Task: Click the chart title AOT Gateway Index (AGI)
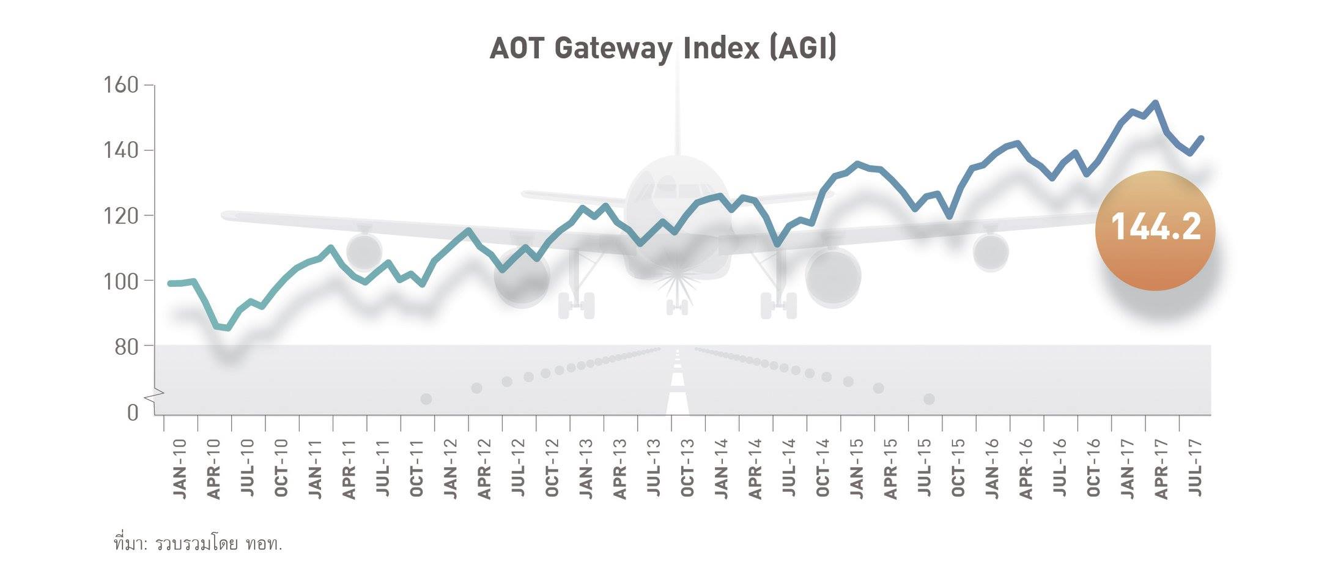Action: (x=662, y=49)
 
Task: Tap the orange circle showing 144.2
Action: (x=1155, y=230)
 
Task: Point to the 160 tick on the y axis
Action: (x=123, y=85)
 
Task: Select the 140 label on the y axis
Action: (x=123, y=150)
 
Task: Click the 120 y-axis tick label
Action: (x=123, y=215)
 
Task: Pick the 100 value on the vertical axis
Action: (x=123, y=281)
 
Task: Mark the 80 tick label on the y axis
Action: (x=127, y=347)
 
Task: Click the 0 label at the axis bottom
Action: (x=133, y=413)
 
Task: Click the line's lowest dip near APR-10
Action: (x=228, y=328)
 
